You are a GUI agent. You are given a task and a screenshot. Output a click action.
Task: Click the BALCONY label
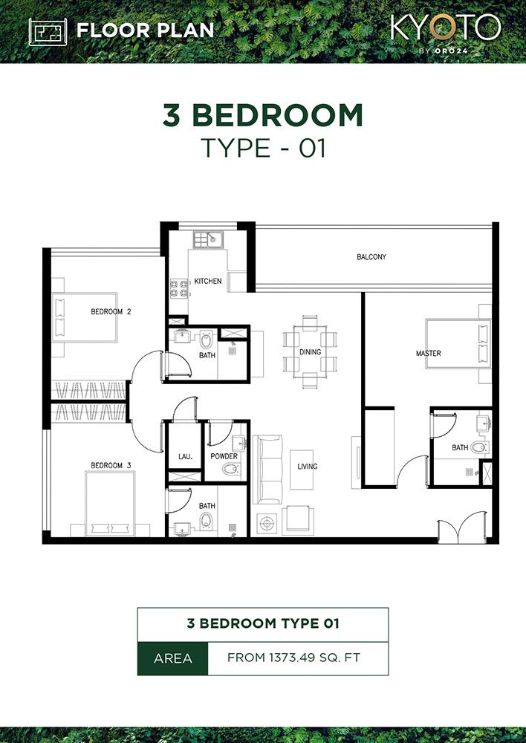[x=371, y=257]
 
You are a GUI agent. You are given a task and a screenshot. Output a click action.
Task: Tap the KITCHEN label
[x=208, y=281]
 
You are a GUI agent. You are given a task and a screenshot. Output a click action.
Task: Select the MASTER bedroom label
[x=428, y=354]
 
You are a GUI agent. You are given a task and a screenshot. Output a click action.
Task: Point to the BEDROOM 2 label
[x=111, y=312]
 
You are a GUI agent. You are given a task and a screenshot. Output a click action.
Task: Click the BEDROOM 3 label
[x=111, y=466]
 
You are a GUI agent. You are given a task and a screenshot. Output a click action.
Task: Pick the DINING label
[x=310, y=352]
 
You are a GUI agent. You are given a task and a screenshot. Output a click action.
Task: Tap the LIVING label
[x=308, y=467]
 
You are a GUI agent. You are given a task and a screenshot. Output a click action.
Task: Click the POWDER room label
[x=224, y=456]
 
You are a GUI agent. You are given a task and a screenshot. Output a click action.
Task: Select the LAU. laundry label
[x=185, y=456]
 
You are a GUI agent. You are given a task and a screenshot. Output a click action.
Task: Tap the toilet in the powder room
[x=231, y=469]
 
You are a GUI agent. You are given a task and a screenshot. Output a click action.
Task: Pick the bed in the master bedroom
[x=457, y=343]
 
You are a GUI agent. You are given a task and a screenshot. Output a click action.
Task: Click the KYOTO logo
[x=446, y=30]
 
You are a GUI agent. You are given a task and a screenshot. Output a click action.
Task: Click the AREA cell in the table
[x=172, y=658]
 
